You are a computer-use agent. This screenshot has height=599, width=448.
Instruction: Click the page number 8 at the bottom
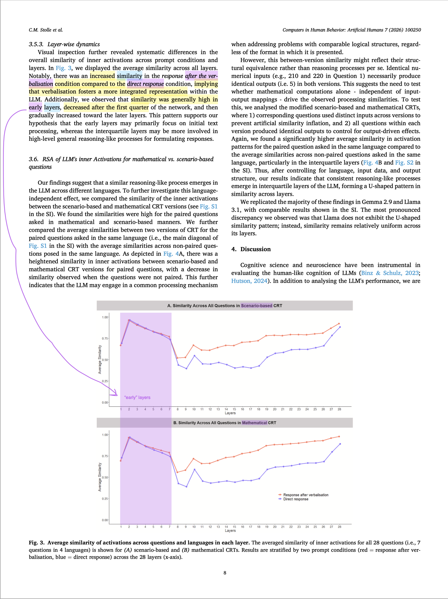coord(225,573)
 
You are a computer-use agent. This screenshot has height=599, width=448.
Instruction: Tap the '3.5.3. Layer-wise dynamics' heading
coord(64,44)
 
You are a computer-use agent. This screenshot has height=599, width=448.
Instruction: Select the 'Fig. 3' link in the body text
coord(63,68)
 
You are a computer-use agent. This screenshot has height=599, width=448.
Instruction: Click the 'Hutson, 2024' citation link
coord(249,281)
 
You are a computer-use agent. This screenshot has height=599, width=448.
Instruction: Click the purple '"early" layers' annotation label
coord(137,397)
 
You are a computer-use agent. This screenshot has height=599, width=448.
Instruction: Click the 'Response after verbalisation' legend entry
coord(305,495)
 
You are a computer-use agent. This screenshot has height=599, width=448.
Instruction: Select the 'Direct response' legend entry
coord(296,499)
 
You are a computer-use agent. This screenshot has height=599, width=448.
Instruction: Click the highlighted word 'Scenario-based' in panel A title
coord(257,306)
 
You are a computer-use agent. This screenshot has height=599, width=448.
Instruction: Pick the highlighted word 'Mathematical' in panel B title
coord(254,423)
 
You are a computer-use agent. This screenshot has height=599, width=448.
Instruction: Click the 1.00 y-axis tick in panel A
coord(105,317)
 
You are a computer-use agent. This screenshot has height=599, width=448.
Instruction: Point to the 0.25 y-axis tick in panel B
coord(105,499)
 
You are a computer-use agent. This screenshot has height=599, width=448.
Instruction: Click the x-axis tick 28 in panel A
coord(339,409)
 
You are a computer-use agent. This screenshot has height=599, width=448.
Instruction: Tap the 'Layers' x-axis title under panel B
coord(230,530)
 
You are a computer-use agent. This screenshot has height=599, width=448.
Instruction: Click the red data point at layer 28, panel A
coord(339,324)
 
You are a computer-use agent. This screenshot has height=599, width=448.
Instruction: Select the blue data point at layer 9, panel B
coord(186,487)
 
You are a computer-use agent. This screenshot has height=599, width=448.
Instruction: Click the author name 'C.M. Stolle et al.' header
coord(46,30)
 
